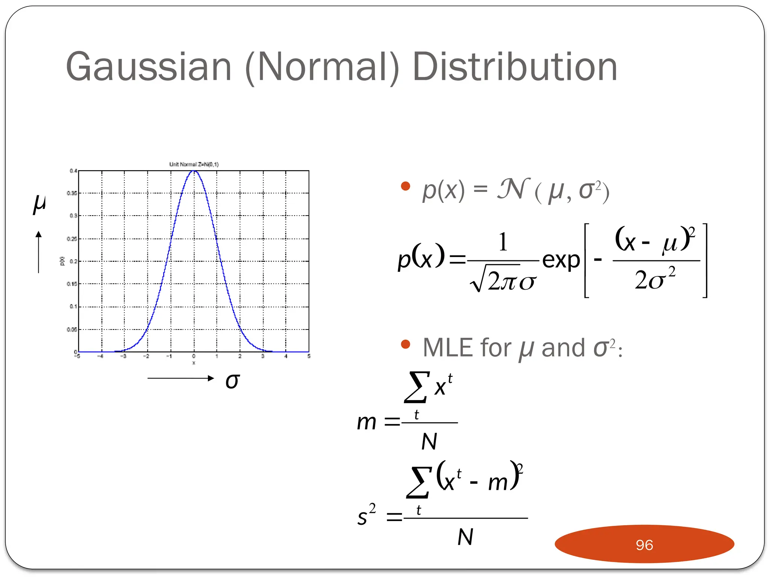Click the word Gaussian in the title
[149, 68]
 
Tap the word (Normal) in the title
[322, 68]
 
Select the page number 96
[644, 545]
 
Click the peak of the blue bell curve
[194, 171]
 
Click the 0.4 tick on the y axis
[73, 171]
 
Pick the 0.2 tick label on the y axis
[73, 261]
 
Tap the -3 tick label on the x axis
[123, 356]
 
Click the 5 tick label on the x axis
[309, 356]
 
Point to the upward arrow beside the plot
[38, 251]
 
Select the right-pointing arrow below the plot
[180, 378]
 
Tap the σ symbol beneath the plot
[232, 381]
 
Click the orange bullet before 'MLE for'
[405, 344]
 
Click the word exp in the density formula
[561, 260]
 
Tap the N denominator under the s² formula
[465, 537]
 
